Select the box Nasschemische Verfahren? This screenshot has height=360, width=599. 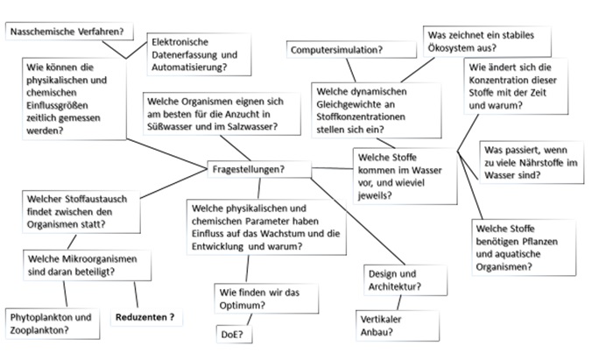tap(65, 32)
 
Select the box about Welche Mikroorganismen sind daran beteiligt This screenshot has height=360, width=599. tap(74, 265)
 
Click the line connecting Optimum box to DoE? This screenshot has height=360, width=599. tap(235, 320)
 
